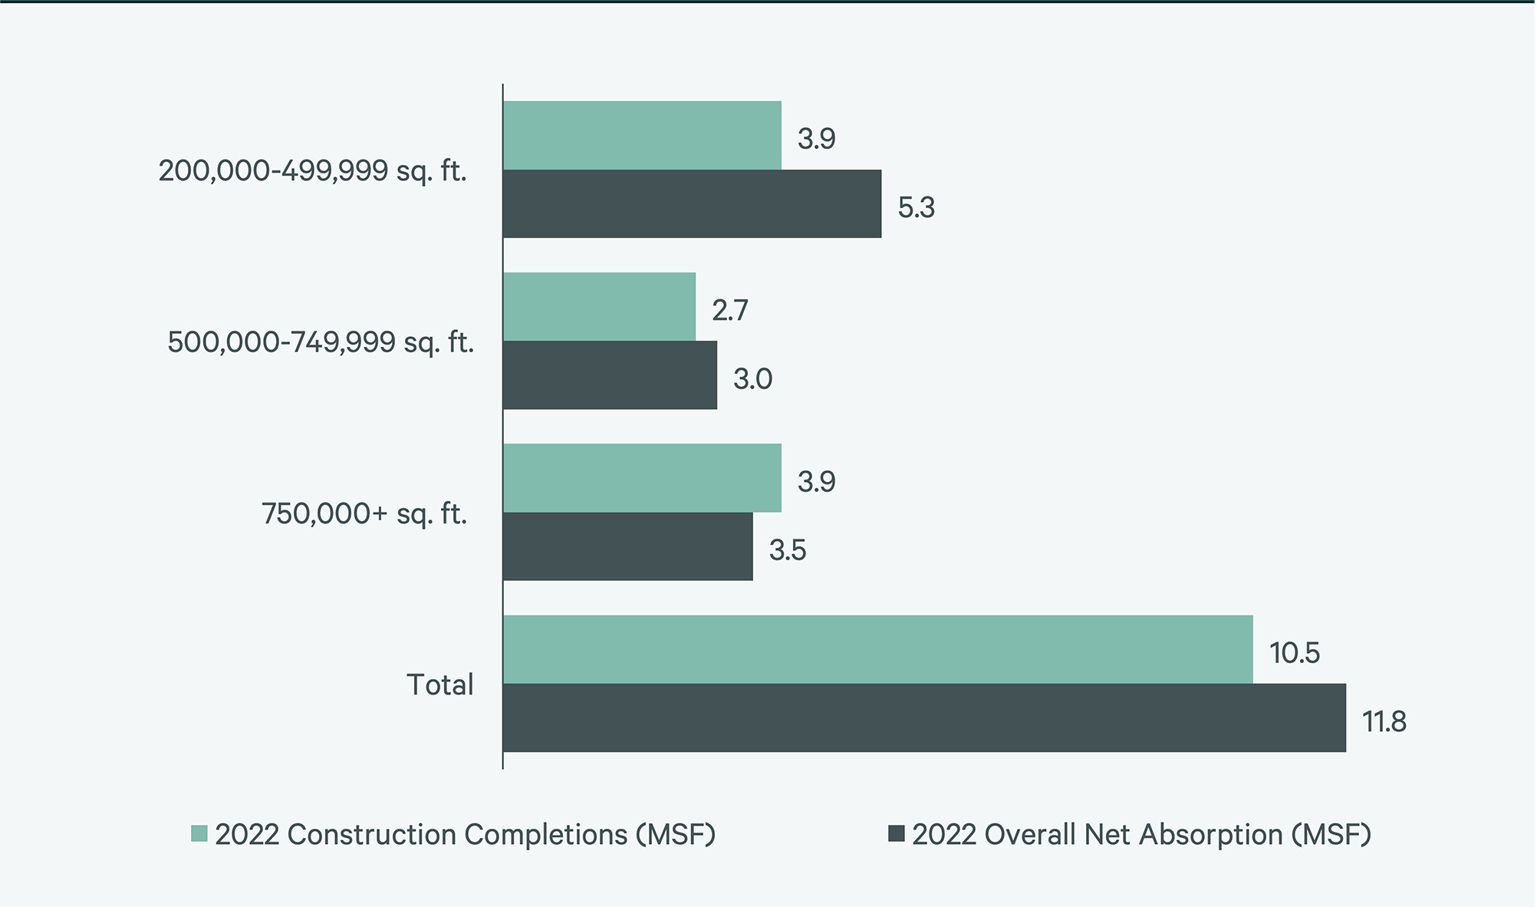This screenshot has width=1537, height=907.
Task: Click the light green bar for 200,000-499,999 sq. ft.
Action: [642, 135]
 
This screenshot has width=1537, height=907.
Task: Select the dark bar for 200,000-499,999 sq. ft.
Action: [692, 203]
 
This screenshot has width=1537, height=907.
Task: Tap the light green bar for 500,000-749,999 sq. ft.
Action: [599, 306]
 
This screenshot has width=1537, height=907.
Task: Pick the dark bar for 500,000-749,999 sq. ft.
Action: [610, 375]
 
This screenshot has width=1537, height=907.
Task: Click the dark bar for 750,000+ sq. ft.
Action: [627, 546]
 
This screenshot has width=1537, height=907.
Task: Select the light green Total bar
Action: [877, 649]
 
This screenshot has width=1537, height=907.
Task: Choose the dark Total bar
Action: [924, 717]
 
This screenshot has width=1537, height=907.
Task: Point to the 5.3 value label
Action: [916, 208]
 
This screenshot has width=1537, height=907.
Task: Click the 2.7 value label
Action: [729, 311]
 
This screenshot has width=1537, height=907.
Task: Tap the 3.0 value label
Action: [752, 379]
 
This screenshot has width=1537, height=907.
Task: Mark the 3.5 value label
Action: [788, 551]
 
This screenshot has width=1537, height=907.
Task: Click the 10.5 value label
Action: [1295, 653]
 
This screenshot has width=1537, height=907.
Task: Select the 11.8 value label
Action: [1384, 722]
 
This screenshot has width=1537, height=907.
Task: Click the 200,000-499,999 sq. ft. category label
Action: [312, 170]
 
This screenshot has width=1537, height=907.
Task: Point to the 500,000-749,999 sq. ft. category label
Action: [321, 342]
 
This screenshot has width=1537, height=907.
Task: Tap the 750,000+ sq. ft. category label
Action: [364, 513]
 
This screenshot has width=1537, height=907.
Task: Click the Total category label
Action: [439, 684]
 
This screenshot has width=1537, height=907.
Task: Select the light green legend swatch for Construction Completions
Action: [199, 833]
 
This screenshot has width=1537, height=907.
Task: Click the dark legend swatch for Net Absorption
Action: [896, 833]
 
